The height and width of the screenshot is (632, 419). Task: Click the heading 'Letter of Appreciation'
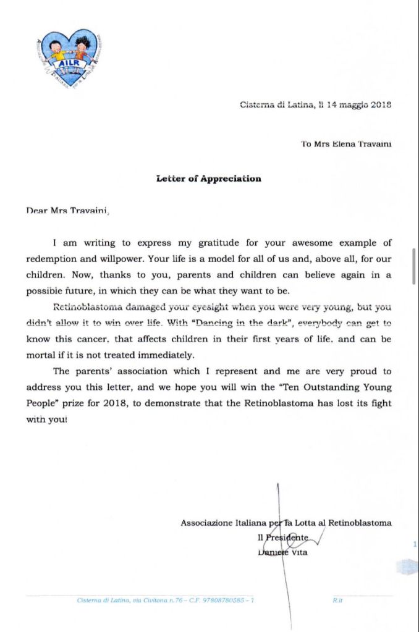(208, 179)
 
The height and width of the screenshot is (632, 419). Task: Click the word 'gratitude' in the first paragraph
(213, 243)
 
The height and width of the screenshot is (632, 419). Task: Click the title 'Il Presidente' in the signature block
(282, 538)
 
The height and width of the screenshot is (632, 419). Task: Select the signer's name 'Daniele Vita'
(282, 552)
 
